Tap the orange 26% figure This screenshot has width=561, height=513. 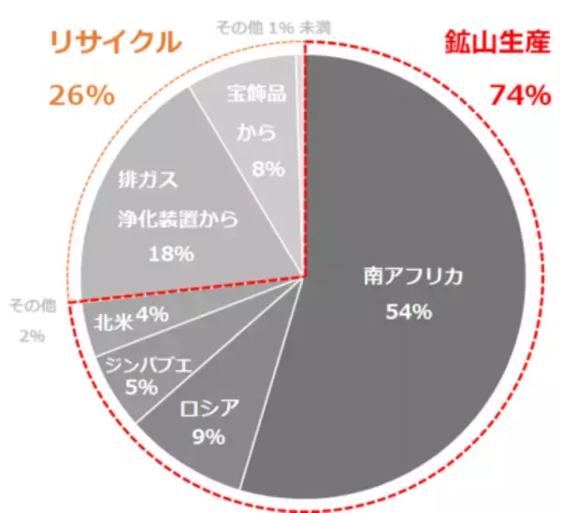79,95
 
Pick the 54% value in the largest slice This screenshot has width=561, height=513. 409,311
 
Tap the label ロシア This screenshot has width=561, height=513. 208,407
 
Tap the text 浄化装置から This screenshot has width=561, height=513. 178,220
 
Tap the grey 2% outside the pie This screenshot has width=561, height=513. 32,335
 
